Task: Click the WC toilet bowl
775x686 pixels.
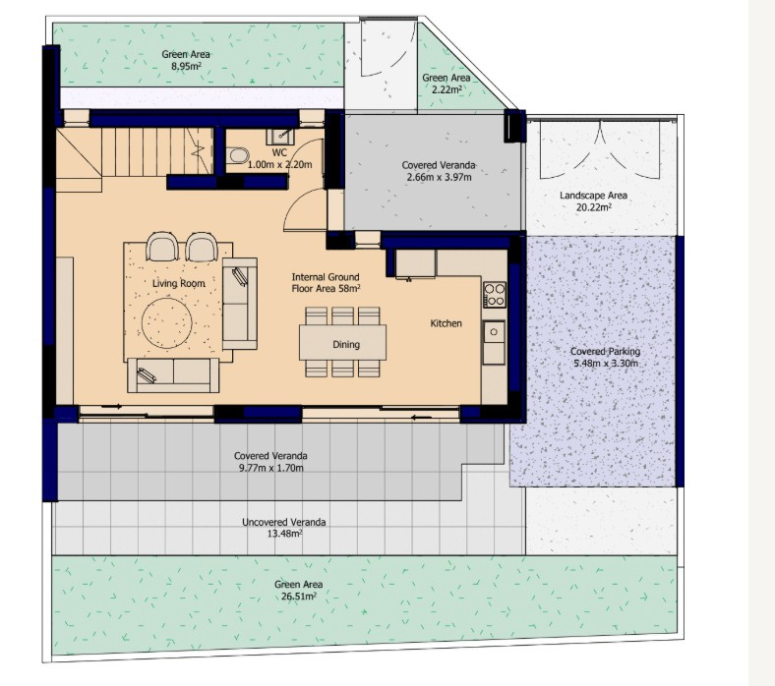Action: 237,155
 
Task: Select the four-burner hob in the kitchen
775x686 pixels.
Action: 494,294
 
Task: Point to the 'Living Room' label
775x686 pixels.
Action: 179,283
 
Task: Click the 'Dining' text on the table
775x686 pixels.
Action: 345,344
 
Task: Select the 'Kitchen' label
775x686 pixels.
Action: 446,323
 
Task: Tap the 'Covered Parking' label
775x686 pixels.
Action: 605,351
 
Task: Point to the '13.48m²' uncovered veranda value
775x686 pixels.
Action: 284,534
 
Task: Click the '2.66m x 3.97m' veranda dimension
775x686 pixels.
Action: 437,178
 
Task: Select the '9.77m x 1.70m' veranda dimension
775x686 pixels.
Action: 270,468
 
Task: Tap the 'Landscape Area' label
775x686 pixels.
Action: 593,196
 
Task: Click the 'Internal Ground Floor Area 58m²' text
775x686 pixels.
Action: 326,283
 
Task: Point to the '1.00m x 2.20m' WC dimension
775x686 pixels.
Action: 279,164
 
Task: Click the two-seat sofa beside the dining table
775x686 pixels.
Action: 239,303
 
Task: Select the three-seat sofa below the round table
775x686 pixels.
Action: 172,374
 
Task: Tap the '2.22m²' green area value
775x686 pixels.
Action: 446,88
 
